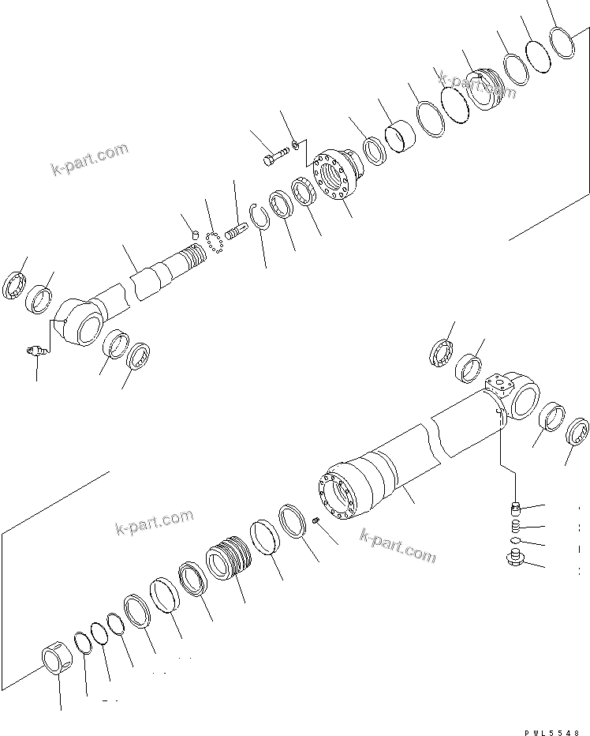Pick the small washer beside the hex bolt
point(293,144)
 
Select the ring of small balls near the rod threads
point(214,242)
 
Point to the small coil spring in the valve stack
point(513,524)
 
